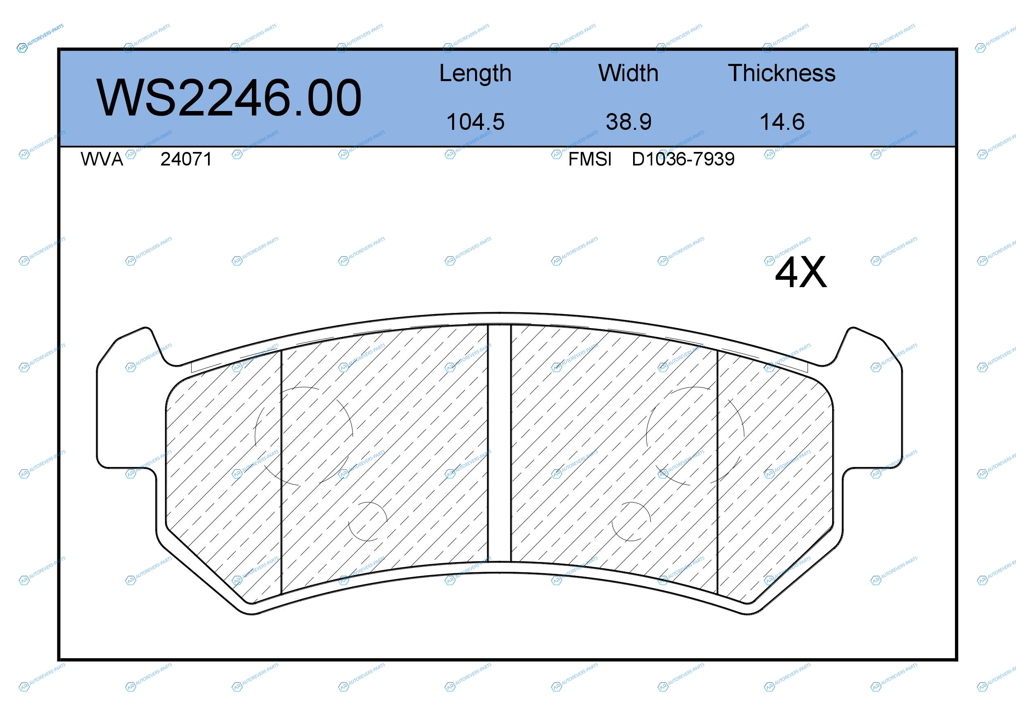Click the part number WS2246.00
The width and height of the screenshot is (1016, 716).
coord(229,97)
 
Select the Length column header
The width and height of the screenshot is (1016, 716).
coord(475,73)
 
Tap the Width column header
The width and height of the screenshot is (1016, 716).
coord(628,73)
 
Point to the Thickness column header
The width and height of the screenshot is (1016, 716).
coord(782,73)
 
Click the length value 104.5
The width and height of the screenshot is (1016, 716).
coord(475,122)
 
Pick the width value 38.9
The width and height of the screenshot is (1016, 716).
coord(628,122)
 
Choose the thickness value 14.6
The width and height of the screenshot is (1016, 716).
coord(782,122)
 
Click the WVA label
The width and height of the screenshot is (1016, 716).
coord(102,159)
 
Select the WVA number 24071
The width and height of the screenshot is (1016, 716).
coord(186,159)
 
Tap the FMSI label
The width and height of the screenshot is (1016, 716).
coord(590,159)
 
